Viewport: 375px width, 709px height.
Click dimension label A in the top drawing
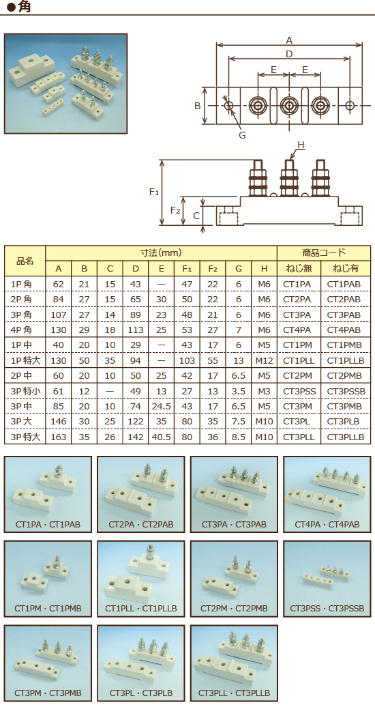tap(289, 40)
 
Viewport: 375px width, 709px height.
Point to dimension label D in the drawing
tap(289, 54)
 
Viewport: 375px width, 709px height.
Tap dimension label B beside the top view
tap(197, 106)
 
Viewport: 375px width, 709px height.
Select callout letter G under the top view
tap(241, 134)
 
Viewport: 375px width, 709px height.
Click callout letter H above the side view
tap(300, 145)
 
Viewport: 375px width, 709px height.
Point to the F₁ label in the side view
tap(154, 192)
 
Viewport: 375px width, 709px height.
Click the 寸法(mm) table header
tap(161, 252)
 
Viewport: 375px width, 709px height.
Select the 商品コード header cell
tap(324, 252)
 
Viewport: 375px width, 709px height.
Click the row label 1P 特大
tap(25, 360)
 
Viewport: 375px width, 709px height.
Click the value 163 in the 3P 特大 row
tap(59, 437)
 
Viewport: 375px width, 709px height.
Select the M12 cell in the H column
tap(264, 360)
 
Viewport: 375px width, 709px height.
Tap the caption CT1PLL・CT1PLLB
tap(141, 608)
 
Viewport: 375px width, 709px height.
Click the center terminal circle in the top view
tap(288, 106)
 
